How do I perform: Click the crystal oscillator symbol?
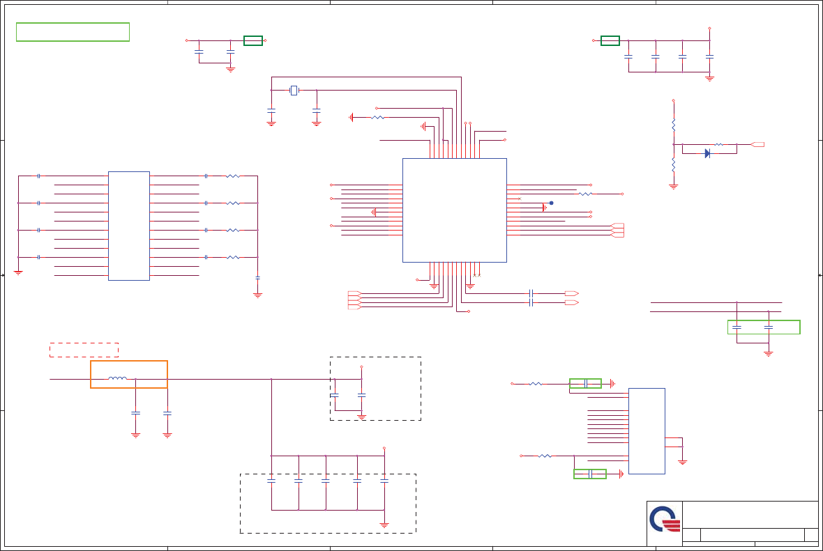[x=294, y=91]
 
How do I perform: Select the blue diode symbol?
[x=707, y=153]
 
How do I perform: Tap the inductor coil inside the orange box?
[x=117, y=379]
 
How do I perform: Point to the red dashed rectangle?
[x=84, y=350]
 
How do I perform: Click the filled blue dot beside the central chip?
[x=551, y=203]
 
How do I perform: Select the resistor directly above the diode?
[x=719, y=144]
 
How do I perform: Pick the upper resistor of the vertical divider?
[x=674, y=125]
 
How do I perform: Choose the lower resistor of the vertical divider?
[x=674, y=165]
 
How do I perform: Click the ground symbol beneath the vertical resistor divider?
[x=674, y=186]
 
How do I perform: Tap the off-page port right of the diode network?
[x=757, y=144]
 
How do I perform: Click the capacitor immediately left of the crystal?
[x=271, y=110]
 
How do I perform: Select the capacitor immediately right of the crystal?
[x=316, y=110]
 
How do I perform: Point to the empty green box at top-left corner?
[x=73, y=32]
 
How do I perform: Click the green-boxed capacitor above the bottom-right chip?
[x=586, y=383]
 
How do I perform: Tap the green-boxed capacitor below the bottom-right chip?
[x=590, y=474]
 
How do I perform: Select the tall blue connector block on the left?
[x=129, y=226]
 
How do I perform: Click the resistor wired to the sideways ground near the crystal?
[x=377, y=118]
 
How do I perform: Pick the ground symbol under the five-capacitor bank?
[x=384, y=524]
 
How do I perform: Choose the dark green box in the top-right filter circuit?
[x=610, y=40]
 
